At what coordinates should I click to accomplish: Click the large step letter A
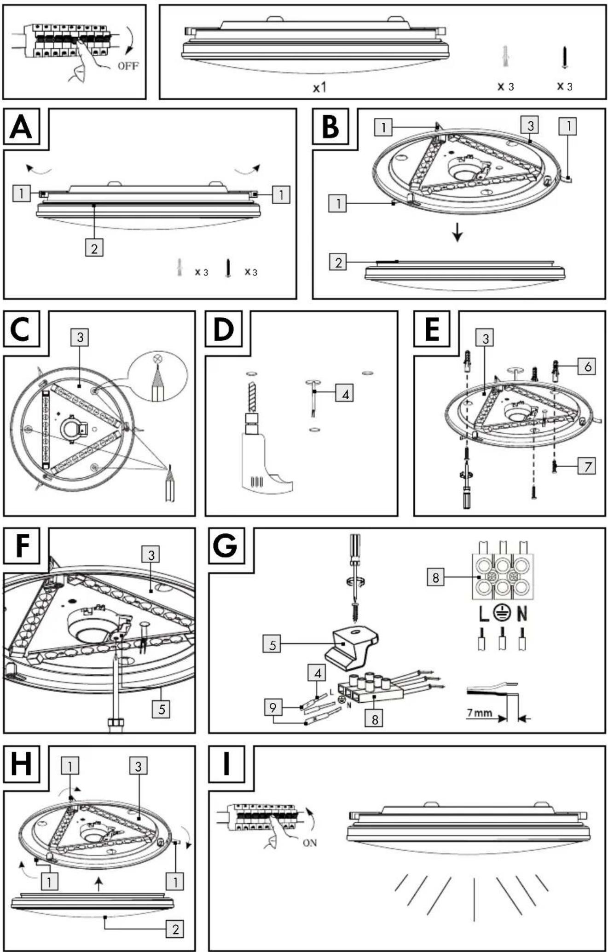click(21, 127)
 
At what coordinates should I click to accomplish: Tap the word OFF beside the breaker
click(128, 66)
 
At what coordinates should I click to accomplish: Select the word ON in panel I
click(310, 843)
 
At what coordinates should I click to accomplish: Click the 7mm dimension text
click(480, 713)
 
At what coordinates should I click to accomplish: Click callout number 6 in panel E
click(587, 367)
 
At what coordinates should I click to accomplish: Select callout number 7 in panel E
click(587, 466)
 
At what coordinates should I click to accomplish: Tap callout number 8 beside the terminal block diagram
click(436, 577)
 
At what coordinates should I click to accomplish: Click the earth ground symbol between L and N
click(502, 613)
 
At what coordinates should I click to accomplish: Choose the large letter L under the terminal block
click(482, 613)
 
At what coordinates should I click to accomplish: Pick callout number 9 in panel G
click(273, 707)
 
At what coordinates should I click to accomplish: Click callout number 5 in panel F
click(162, 709)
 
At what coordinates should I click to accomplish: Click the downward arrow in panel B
click(457, 232)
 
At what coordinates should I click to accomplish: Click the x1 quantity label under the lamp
click(319, 87)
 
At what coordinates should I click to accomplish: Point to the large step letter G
click(226, 545)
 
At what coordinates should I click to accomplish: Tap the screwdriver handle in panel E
click(467, 497)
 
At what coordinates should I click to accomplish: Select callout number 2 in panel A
click(94, 248)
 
